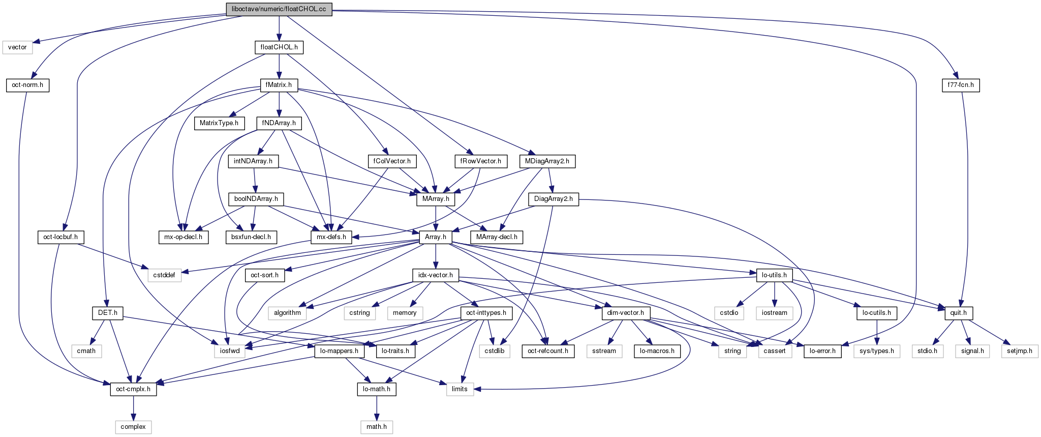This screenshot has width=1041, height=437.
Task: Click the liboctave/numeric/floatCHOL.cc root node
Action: (x=279, y=9)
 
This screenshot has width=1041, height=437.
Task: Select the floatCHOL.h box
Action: (x=279, y=47)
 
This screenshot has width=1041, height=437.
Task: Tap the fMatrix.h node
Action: (x=279, y=85)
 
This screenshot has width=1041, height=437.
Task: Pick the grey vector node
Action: (x=17, y=47)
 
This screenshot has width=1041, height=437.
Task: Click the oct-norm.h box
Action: (x=27, y=85)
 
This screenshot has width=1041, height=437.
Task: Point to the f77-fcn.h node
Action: (x=960, y=85)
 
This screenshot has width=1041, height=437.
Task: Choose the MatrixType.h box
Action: (x=219, y=123)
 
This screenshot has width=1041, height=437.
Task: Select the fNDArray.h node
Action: (x=279, y=123)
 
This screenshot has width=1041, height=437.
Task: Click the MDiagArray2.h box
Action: (x=547, y=161)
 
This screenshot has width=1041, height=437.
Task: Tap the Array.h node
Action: (x=436, y=237)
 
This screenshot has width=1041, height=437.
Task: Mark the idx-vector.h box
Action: (x=436, y=275)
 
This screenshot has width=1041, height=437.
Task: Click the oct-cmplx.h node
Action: (x=134, y=389)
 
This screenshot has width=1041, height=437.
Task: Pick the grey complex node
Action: (x=133, y=427)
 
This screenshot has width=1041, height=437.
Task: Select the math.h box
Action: (x=377, y=427)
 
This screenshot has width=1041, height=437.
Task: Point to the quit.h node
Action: (x=959, y=313)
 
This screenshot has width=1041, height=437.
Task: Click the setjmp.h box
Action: (x=1020, y=351)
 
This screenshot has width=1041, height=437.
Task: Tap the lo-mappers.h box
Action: (x=340, y=351)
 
